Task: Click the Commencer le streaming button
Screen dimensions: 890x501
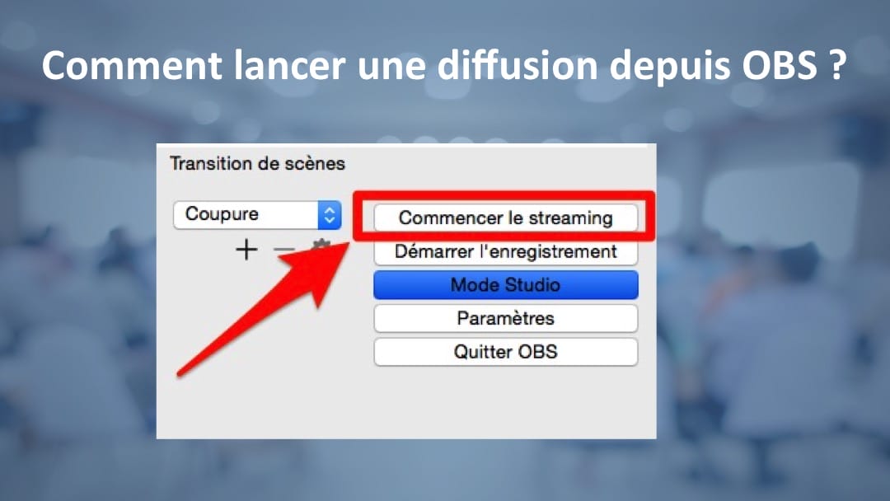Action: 505,218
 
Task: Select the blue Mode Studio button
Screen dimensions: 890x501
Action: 505,285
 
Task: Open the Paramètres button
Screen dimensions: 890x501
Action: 505,318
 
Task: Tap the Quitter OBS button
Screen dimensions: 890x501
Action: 505,352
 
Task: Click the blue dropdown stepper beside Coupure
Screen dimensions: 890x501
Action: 329,215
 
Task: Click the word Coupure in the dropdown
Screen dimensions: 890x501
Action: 222,214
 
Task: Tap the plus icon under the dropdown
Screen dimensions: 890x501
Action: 246,250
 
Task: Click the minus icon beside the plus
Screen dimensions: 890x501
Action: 283,249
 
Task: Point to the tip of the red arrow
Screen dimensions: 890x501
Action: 349,243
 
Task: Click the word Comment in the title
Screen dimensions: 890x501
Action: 132,65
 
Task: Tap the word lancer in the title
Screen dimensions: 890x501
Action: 289,65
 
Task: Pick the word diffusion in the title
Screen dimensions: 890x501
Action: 518,64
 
